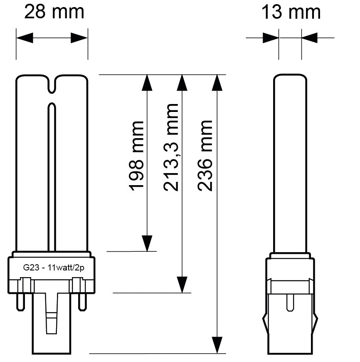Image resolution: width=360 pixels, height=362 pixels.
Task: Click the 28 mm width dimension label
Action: pyautogui.click(x=54, y=12)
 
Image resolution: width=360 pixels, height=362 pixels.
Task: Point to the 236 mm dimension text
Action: pyautogui.click(x=205, y=156)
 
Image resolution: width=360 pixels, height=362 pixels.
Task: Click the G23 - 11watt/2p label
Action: pyautogui.click(x=53, y=268)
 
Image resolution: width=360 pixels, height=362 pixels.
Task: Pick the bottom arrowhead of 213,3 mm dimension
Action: pyautogui.click(x=182, y=285)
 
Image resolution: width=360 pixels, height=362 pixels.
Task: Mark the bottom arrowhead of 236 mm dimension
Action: pyautogui.click(x=216, y=345)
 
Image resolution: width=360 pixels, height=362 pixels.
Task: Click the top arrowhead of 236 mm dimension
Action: pyautogui.click(x=216, y=83)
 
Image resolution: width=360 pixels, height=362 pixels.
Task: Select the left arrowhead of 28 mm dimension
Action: pyautogui.click(x=25, y=38)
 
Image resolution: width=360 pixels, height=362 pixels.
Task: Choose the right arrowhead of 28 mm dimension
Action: pyautogui.click(x=79, y=38)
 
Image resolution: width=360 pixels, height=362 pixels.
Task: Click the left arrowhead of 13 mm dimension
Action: pyautogui.click(x=271, y=38)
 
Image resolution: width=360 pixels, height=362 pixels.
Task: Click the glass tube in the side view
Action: pyautogui.click(x=290, y=162)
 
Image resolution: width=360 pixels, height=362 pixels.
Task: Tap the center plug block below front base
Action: pyautogui.click(x=52, y=322)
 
